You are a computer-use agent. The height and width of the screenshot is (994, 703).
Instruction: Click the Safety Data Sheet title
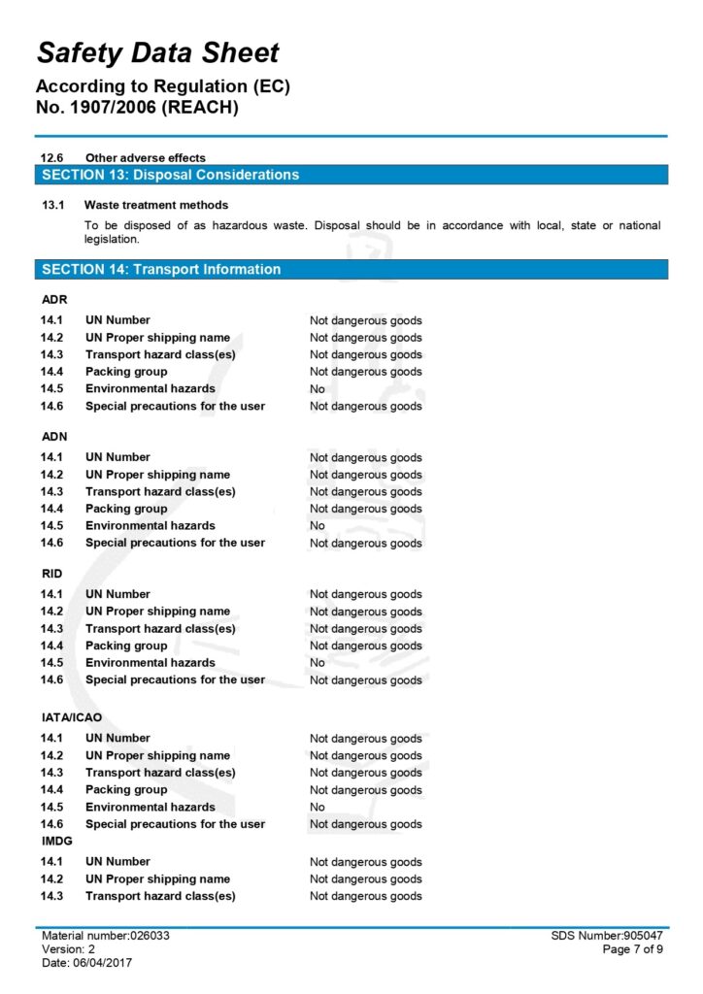[x=158, y=52]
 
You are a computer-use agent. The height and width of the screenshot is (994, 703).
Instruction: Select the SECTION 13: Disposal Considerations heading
[x=171, y=175]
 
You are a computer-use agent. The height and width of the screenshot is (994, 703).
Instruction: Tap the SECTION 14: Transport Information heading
[x=161, y=269]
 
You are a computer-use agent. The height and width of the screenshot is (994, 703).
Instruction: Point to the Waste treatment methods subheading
[x=156, y=205]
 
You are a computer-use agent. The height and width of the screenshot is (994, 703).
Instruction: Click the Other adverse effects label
[x=146, y=157]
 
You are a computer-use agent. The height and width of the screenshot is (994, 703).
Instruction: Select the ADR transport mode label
[x=54, y=299]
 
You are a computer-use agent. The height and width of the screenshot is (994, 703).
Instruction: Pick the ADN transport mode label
[x=54, y=436]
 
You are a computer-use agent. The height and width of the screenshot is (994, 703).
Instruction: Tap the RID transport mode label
[x=52, y=573]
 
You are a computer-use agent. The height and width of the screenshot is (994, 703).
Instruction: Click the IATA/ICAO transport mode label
[x=71, y=717]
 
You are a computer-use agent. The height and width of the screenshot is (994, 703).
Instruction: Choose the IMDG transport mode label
[x=55, y=841]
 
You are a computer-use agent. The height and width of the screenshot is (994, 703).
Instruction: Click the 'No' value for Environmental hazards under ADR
[x=318, y=389]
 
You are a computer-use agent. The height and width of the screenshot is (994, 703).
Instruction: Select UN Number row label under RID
[x=117, y=594]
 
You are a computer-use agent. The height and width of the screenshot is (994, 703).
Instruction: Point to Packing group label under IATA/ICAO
[x=126, y=789]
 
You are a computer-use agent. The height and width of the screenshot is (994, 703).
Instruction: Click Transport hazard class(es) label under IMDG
[x=160, y=896]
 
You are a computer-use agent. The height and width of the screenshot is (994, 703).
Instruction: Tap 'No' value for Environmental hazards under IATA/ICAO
[x=318, y=807]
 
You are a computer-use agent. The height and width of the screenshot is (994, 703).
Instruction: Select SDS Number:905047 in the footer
[x=606, y=936]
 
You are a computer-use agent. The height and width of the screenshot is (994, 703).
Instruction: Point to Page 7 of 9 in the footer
[x=633, y=949]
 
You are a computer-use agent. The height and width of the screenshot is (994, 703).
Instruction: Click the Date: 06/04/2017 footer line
[x=86, y=963]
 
